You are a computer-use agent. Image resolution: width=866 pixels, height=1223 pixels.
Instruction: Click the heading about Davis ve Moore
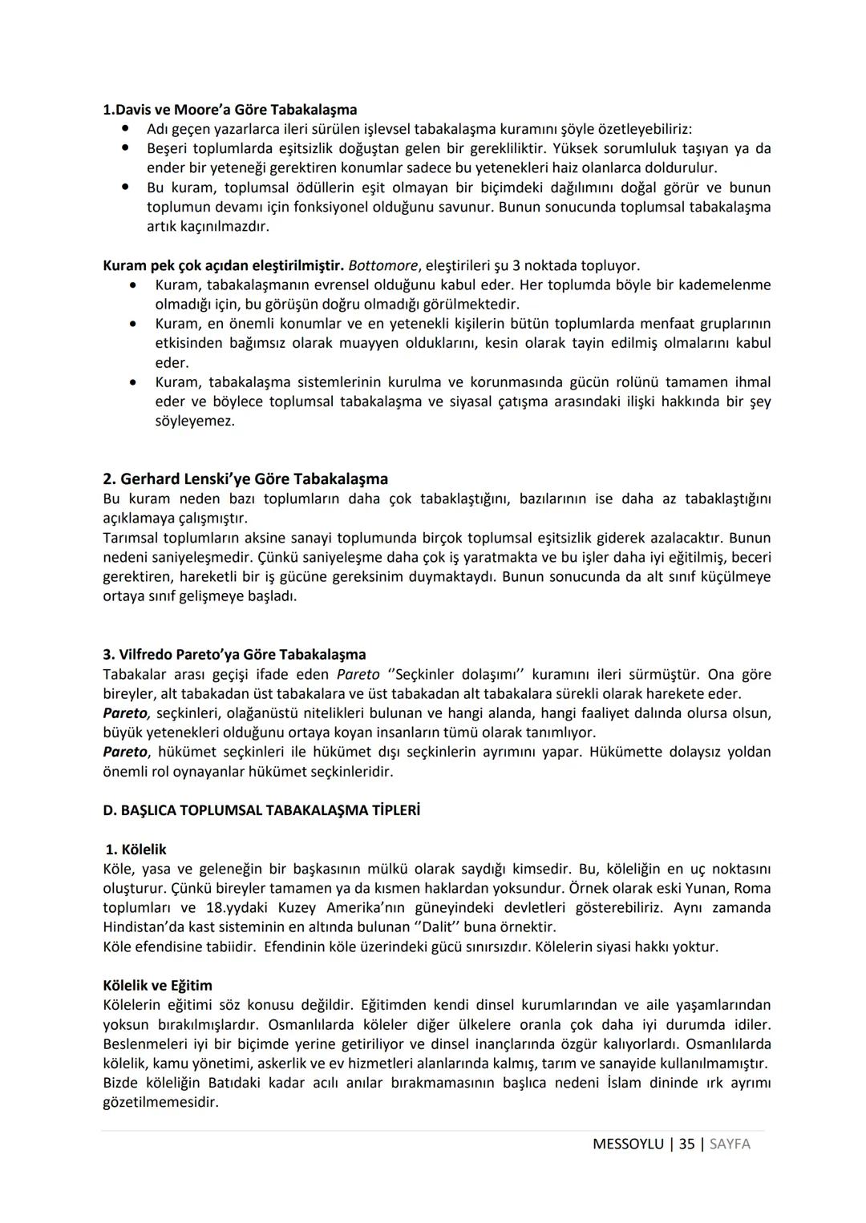click(230, 109)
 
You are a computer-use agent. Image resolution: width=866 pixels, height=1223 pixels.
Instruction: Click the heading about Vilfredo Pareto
click(234, 655)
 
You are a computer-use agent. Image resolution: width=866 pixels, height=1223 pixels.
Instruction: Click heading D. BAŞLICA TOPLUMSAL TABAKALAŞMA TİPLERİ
click(261, 810)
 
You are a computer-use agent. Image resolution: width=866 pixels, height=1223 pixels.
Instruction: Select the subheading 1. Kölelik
click(136, 850)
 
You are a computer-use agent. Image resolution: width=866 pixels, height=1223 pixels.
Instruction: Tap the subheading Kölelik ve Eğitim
click(157, 986)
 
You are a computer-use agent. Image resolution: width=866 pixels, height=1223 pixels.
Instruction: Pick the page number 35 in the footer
click(686, 1144)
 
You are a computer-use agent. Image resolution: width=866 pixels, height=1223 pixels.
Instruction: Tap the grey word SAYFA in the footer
click(730, 1144)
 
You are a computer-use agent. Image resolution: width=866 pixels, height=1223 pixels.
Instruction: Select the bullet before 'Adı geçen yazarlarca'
click(125, 128)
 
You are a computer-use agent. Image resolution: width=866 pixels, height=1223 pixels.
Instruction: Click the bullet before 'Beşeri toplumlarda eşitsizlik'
click(125, 148)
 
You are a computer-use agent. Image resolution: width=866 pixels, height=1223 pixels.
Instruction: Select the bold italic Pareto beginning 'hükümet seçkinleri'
click(125, 753)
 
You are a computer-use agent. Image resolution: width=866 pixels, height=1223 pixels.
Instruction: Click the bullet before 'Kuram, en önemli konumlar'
click(133, 324)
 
